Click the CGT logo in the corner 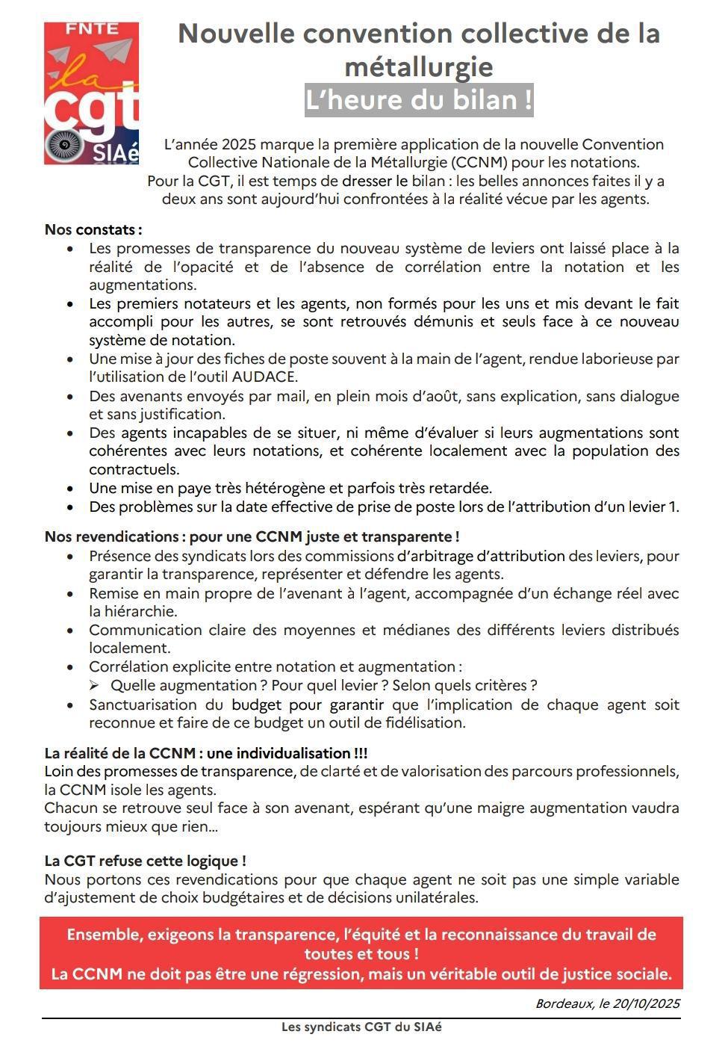(x=91, y=93)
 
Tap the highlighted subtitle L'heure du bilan (x=419, y=100)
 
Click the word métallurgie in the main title (x=419, y=66)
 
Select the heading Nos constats (x=93, y=229)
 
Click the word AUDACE (x=265, y=377)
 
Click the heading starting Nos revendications (x=252, y=536)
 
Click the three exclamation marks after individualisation (x=360, y=753)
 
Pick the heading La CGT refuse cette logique (x=145, y=861)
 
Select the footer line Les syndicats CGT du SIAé (x=361, y=1027)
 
